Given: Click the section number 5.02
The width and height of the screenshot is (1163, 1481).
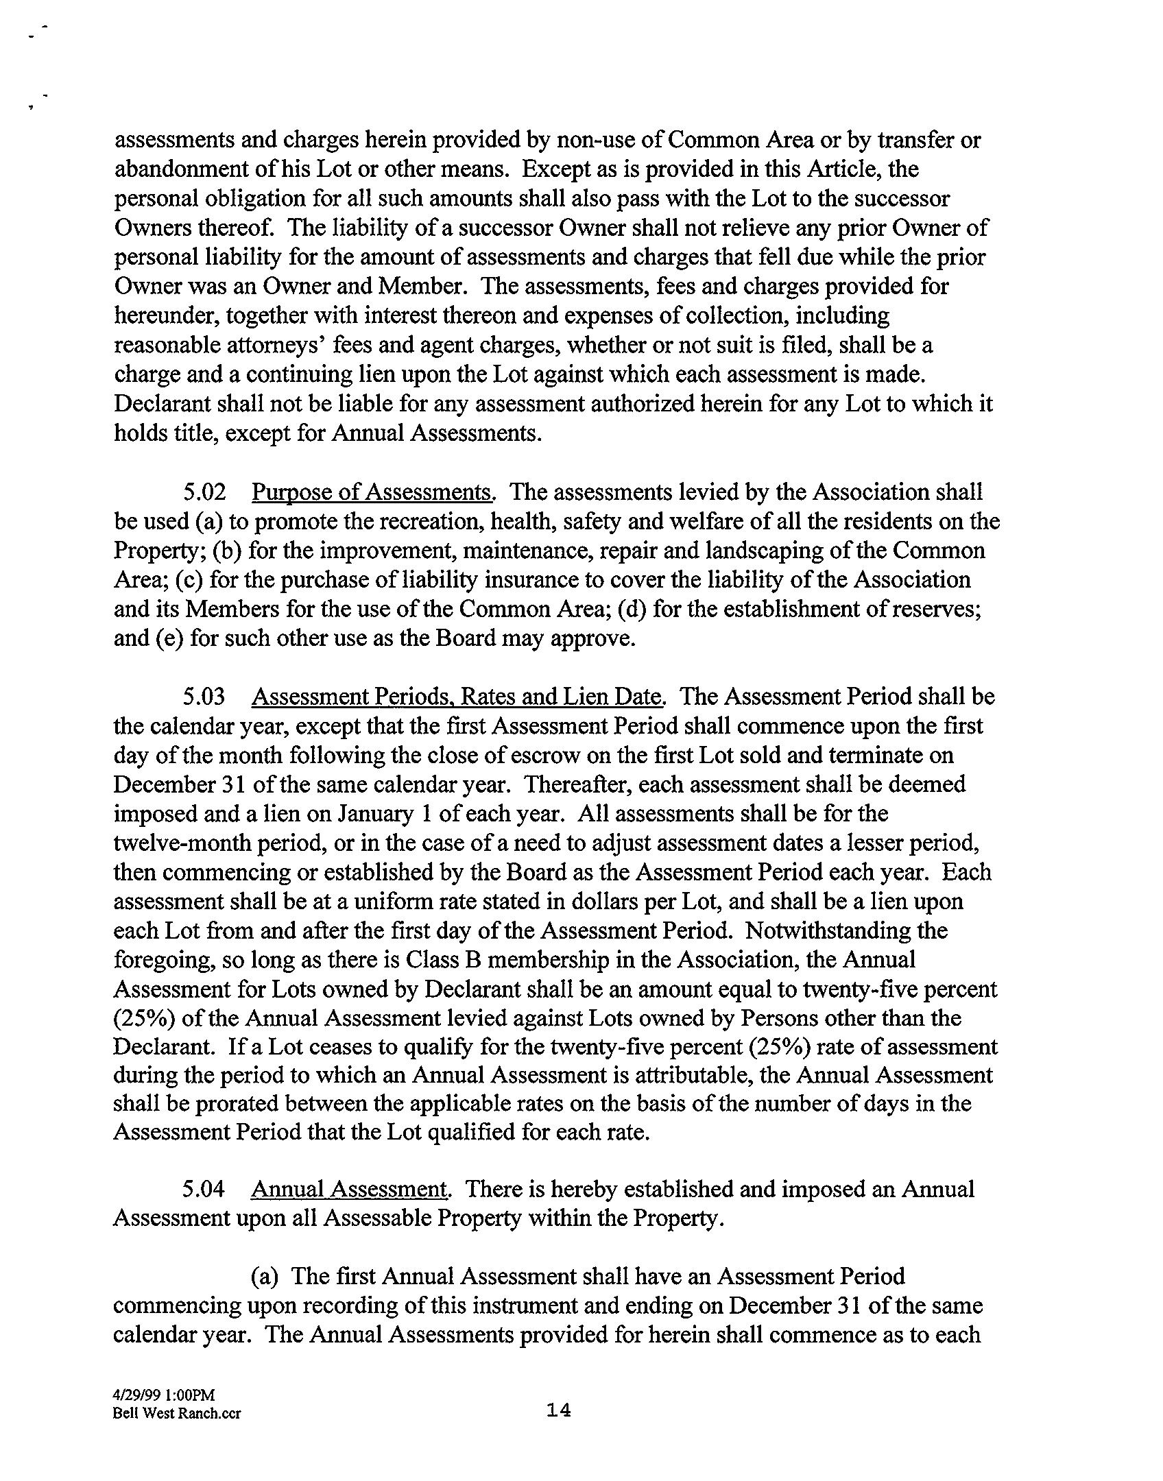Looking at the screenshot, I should point(204,492).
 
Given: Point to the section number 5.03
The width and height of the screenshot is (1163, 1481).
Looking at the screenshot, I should point(204,697).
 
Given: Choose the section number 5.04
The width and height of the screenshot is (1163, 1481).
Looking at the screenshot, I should point(204,1189).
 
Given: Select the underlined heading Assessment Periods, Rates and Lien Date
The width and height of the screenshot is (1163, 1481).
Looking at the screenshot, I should point(458,697).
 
